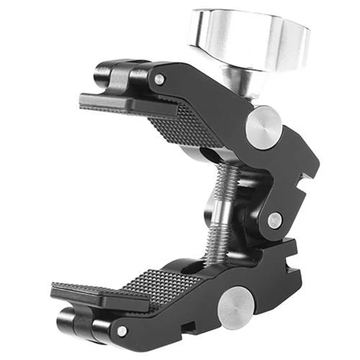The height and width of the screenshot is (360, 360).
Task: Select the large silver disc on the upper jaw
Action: click(x=264, y=127)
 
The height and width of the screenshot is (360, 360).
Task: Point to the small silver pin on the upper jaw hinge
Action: click(x=159, y=80)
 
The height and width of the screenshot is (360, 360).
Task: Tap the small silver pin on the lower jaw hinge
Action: click(x=122, y=331)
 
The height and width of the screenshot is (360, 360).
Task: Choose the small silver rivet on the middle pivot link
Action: click(x=274, y=220)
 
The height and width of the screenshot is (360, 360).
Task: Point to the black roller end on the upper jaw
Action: click(x=103, y=74)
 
